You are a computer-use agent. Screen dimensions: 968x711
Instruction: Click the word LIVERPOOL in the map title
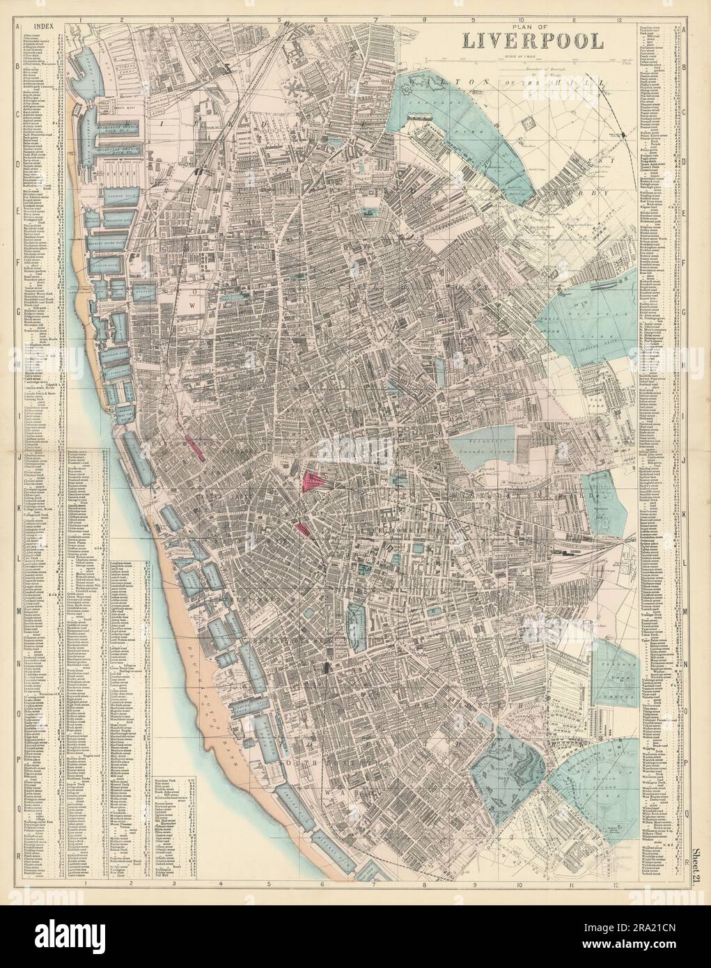pos(530,40)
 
